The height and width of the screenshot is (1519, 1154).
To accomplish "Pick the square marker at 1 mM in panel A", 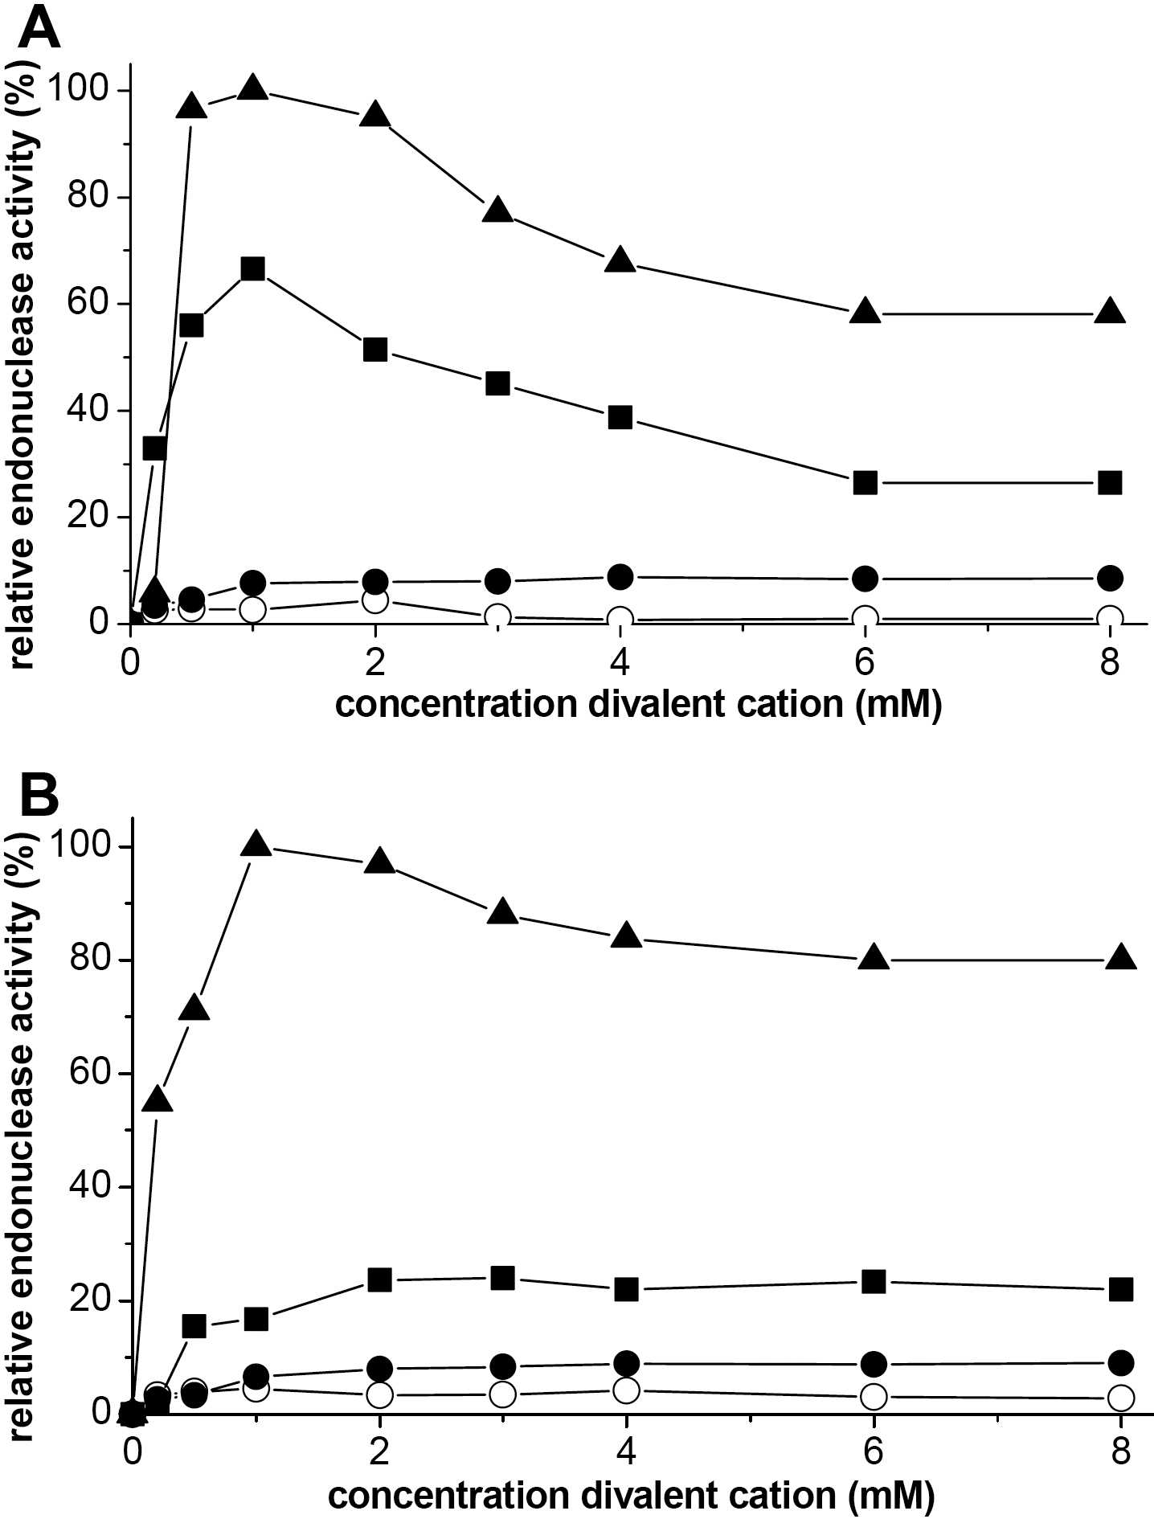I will [x=252, y=268].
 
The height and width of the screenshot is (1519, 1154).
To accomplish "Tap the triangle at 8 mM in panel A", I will [x=1110, y=311].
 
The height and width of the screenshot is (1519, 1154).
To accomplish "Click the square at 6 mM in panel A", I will [x=865, y=483].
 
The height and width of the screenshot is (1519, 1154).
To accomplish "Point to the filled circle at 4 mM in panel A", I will [x=620, y=576].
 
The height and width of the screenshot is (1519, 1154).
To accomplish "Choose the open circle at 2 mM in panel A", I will [x=375, y=600].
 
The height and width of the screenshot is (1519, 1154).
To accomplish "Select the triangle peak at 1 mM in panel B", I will [x=256, y=844].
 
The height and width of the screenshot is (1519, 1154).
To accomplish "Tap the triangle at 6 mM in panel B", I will [x=874, y=958].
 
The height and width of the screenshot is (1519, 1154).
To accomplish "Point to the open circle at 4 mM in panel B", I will [x=626, y=1390].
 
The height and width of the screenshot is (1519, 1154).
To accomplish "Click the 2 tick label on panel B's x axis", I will [x=379, y=1453].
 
